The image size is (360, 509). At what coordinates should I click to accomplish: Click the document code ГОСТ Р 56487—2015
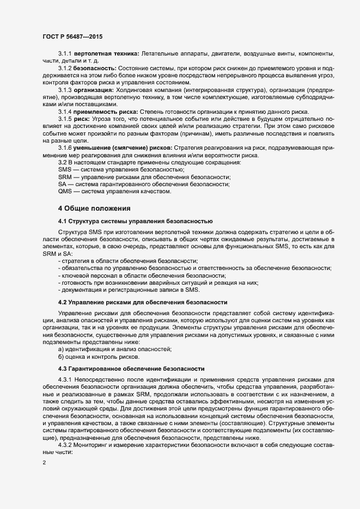coord(72,36)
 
